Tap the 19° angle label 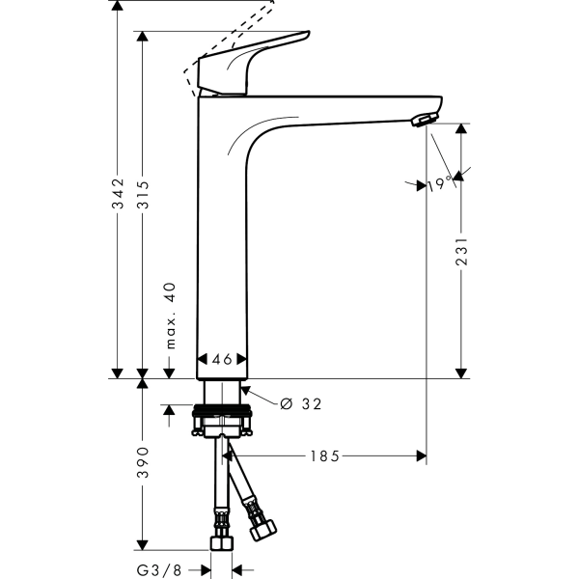(440, 183)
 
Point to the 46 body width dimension (222, 359)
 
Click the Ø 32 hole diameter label (299, 404)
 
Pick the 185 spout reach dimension (324, 455)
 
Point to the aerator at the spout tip (423, 120)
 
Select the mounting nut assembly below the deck (224, 422)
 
